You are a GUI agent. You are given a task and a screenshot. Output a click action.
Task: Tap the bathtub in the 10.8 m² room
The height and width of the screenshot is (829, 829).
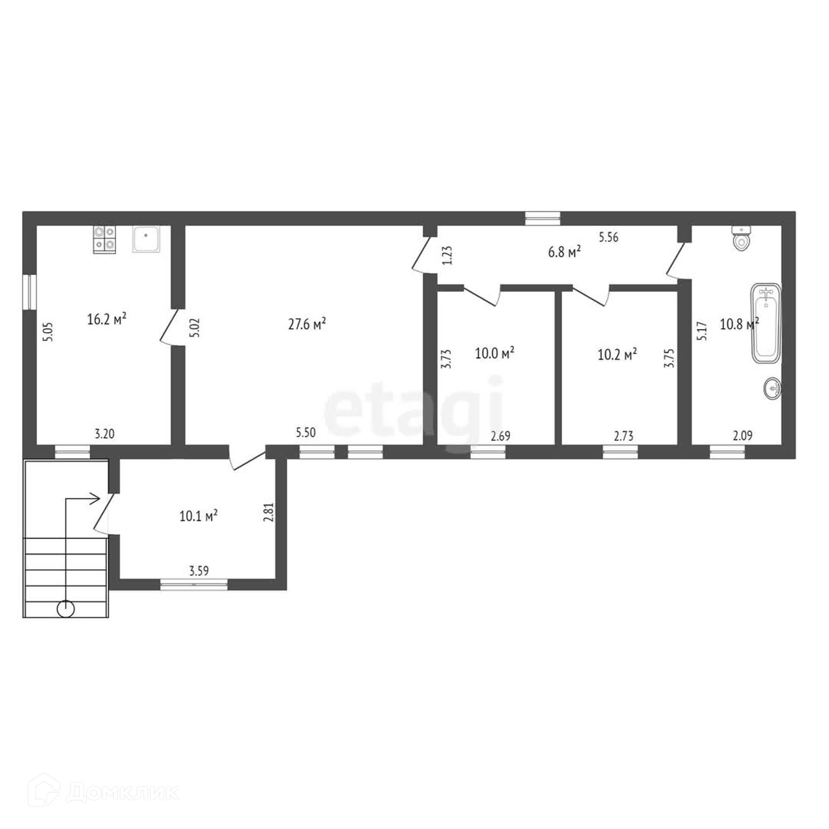[x=766, y=323]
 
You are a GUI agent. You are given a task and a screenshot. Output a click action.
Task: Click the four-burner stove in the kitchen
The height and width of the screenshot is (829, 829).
[x=104, y=240]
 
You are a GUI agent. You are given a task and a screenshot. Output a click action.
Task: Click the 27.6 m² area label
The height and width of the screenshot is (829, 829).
[x=307, y=324]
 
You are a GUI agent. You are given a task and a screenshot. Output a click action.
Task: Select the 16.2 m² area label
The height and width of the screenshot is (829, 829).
[x=107, y=320]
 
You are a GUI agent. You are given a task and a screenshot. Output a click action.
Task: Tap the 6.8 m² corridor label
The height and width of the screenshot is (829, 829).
[x=564, y=252]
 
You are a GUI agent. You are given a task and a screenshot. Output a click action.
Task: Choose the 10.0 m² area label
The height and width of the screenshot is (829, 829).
[x=494, y=353]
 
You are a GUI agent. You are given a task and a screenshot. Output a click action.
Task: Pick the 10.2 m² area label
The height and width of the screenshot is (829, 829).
[x=617, y=354]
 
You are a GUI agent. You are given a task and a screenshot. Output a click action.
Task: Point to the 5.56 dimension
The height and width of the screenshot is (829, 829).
[x=608, y=237]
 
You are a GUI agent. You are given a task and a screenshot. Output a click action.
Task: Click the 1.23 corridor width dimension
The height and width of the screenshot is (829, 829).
[x=447, y=255]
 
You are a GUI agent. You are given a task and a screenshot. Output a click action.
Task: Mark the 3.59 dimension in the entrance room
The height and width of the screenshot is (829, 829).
[x=199, y=571]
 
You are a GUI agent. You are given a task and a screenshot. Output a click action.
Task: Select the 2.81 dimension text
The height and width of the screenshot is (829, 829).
[x=269, y=513]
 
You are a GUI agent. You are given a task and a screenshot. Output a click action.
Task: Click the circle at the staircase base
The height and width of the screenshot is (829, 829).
[x=66, y=609]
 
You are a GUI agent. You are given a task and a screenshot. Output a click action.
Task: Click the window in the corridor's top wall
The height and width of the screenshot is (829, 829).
[x=543, y=218]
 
